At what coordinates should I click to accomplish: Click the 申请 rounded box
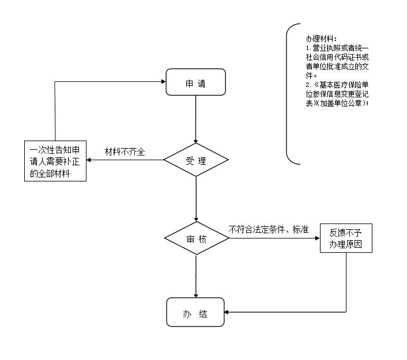195,82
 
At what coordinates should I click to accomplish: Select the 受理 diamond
196,160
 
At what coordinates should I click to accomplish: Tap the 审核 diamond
197,238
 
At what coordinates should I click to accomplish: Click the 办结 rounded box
195,312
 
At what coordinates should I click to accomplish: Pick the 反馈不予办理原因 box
346,238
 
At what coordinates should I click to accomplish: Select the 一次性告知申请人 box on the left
55,161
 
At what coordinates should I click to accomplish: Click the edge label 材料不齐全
125,151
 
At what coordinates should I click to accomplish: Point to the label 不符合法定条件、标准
269,229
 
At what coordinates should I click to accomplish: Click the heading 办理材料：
321,39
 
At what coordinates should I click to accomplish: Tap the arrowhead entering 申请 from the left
164,82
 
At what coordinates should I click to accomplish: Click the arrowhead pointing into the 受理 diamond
195,141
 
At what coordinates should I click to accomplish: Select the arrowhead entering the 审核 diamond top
196,219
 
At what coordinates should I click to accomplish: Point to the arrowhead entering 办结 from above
196,295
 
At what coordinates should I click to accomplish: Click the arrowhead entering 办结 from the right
227,312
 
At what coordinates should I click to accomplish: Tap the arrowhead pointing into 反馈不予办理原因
318,238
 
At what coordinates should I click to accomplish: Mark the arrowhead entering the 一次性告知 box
89,160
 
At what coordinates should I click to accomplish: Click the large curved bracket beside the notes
287,94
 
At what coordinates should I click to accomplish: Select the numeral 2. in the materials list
308,85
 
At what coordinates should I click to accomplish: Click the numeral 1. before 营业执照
308,48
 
